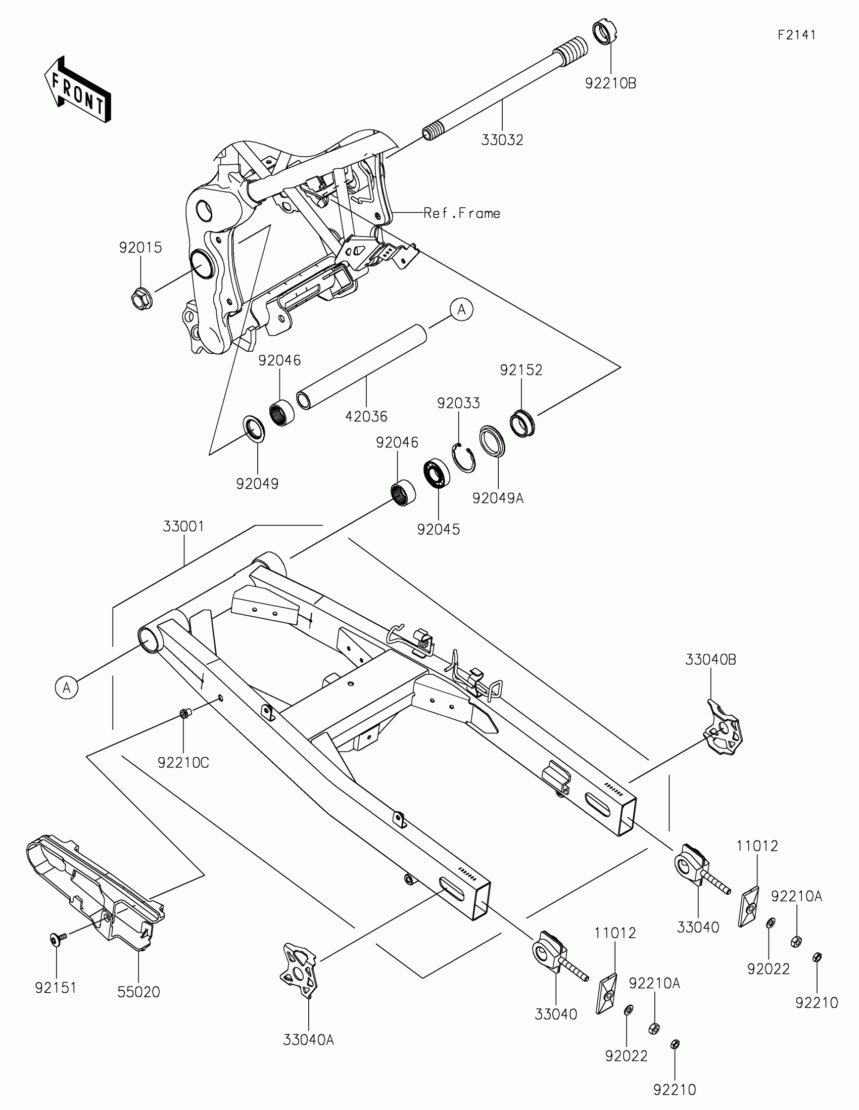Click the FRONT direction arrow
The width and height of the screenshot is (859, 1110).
pyautogui.click(x=77, y=90)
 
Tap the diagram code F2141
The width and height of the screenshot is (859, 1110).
pyautogui.click(x=796, y=35)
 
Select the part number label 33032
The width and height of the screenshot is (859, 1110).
pyautogui.click(x=502, y=141)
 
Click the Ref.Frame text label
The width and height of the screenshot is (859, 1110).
pyautogui.click(x=462, y=213)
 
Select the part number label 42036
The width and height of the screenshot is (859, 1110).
pyautogui.click(x=366, y=417)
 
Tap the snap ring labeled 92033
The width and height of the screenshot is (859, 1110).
pyautogui.click(x=464, y=457)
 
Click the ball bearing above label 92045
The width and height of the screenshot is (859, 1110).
pyautogui.click(x=437, y=473)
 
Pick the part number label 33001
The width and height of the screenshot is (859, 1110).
pyautogui.click(x=183, y=527)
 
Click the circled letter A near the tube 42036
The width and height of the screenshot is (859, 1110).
pyautogui.click(x=461, y=309)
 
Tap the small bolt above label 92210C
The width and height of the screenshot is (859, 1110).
pyautogui.click(x=184, y=714)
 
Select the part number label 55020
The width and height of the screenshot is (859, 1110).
pyautogui.click(x=138, y=992)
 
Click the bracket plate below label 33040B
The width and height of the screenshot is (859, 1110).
pyautogui.click(x=724, y=728)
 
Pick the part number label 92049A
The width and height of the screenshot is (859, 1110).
pyautogui.click(x=498, y=498)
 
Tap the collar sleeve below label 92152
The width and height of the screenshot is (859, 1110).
pyautogui.click(x=522, y=423)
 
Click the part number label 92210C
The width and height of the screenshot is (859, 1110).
pyautogui.click(x=183, y=763)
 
